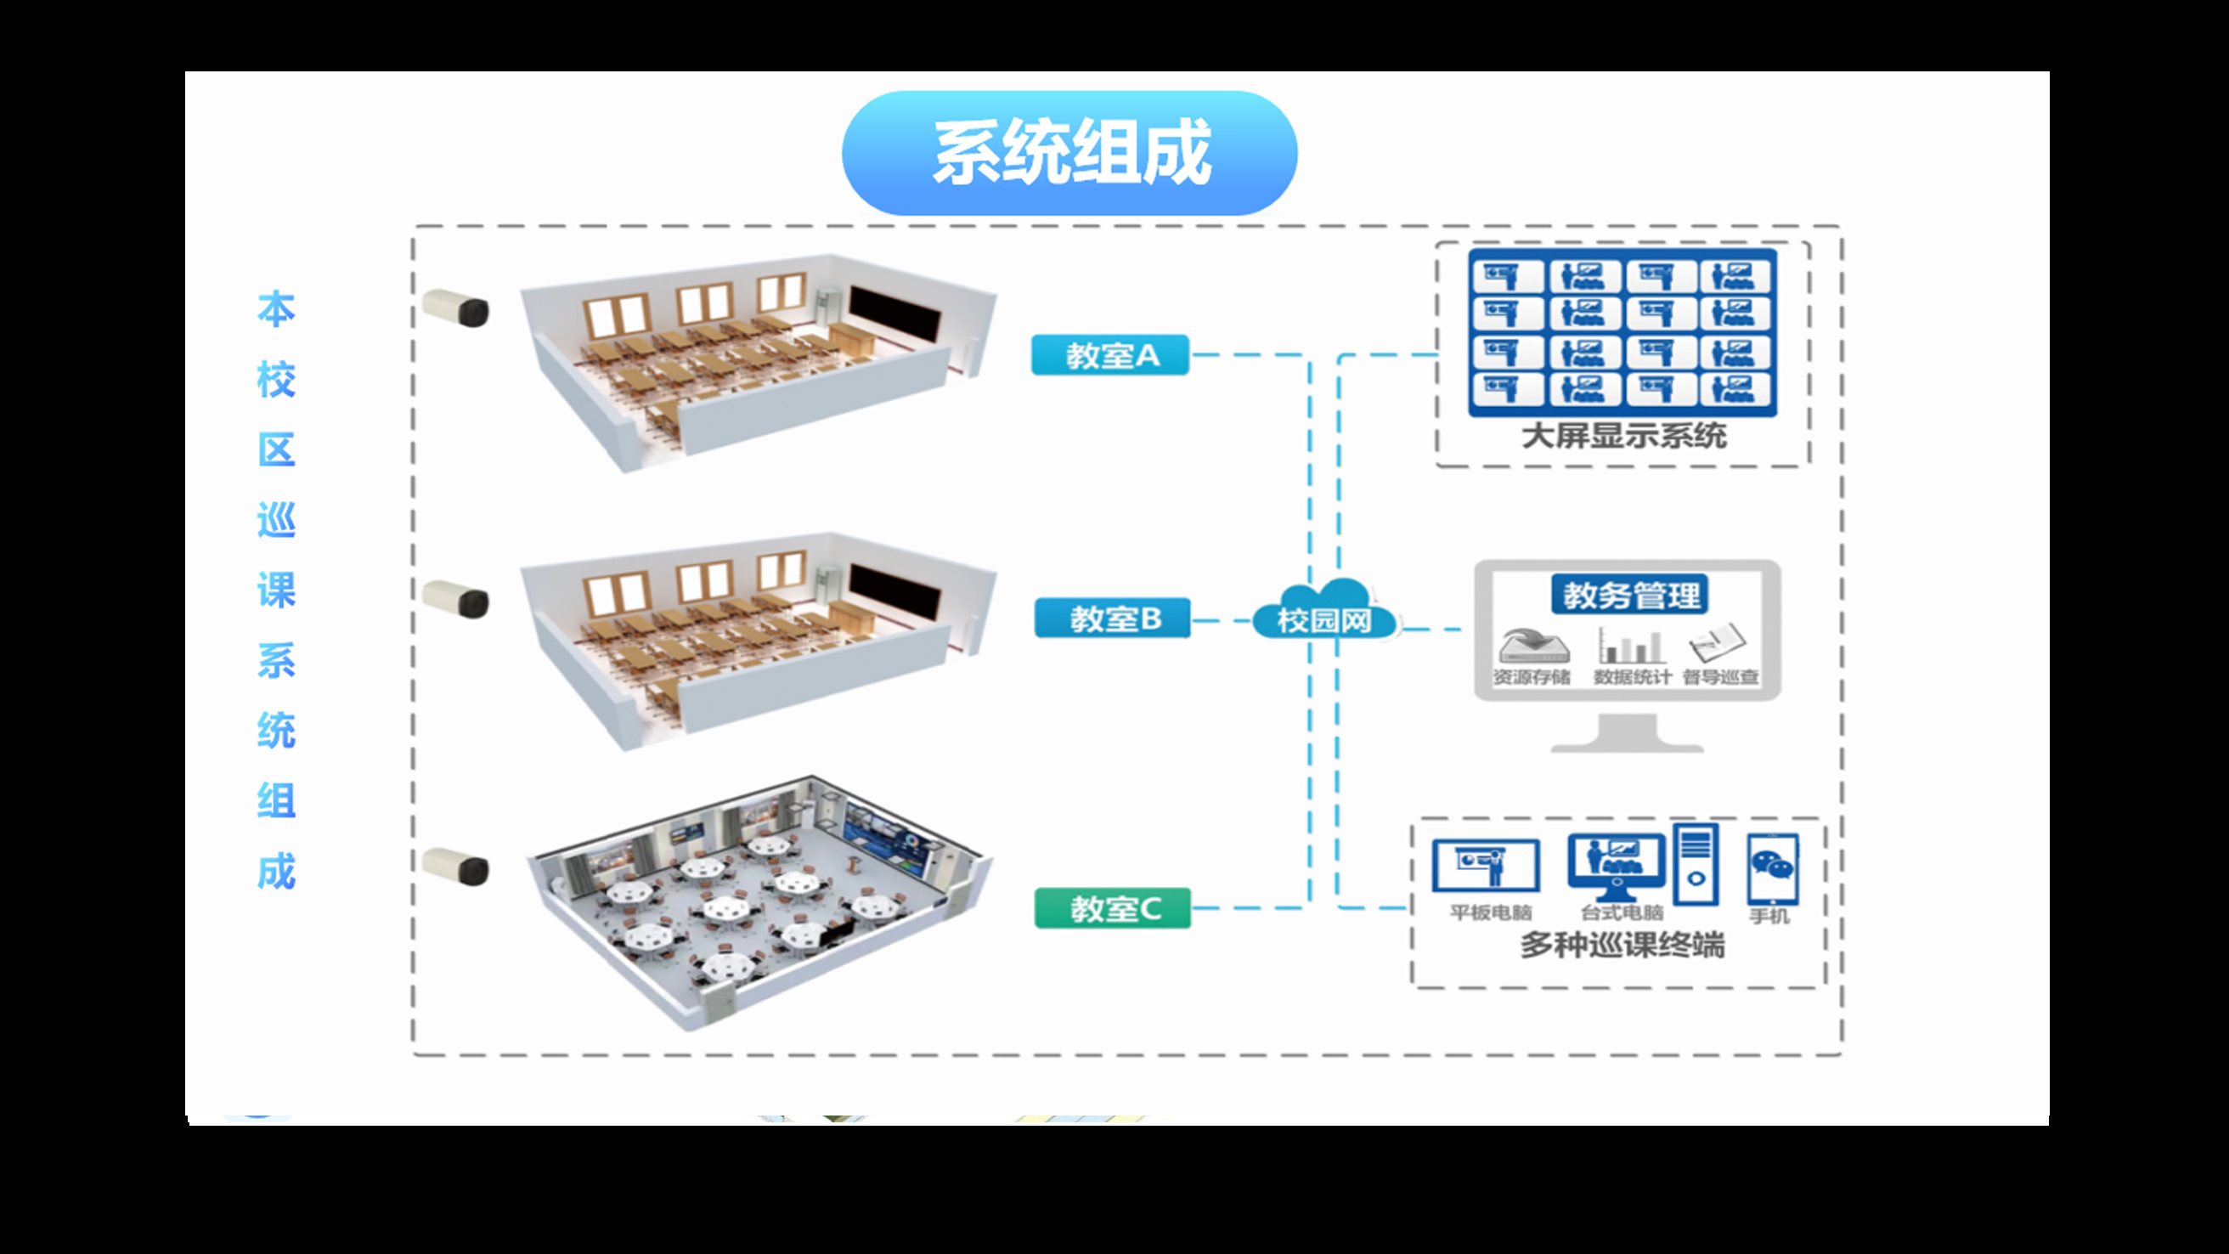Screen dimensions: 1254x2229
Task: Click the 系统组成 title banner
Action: click(1069, 153)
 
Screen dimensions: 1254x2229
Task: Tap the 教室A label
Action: click(1110, 355)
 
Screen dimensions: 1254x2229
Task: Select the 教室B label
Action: click(1113, 618)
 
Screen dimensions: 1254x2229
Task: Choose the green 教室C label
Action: click(1113, 908)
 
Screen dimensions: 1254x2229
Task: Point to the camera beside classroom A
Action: click(456, 308)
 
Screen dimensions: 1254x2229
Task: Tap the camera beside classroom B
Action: click(456, 599)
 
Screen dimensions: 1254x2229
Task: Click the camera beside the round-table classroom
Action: click(456, 867)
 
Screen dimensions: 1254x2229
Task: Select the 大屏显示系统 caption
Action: click(1623, 436)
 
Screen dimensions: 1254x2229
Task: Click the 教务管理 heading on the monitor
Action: click(1630, 596)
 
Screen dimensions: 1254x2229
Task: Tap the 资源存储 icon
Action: click(1532, 647)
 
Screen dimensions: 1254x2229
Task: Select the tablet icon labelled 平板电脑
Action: click(1486, 866)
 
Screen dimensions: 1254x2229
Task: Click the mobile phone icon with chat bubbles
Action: click(1772, 868)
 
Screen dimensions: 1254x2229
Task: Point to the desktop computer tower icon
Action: click(1696, 865)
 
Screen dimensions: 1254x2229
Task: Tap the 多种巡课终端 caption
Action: click(1622, 945)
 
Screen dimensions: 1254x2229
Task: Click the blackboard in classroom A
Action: click(894, 314)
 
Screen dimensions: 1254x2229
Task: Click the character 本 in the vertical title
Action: click(276, 310)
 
